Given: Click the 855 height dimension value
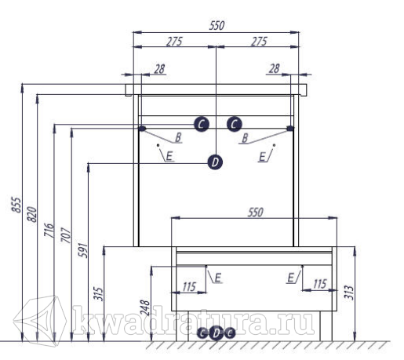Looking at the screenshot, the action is point(16,205).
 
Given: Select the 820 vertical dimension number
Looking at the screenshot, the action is point(32,214).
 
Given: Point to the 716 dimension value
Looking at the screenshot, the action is point(49,230).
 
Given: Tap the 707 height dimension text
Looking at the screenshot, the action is point(66,235).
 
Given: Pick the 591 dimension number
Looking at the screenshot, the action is point(83,250).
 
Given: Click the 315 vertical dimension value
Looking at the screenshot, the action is point(99,294).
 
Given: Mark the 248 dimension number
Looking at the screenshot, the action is point(145,307).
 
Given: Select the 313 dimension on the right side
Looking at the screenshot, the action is point(348,293).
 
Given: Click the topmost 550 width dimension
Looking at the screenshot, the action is point(217,26).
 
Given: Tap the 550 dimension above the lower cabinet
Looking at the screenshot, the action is point(255,213).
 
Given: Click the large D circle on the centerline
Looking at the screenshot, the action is point(215,162).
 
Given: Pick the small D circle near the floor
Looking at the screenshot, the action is point(216,333).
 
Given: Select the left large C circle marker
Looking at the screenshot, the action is point(202,124).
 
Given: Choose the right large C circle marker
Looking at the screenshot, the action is point(235,124).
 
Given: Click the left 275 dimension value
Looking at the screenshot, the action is point(174,42).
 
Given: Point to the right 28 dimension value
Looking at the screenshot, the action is point(275,68).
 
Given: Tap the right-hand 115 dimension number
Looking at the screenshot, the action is point(320,284).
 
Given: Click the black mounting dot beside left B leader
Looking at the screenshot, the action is point(142,129).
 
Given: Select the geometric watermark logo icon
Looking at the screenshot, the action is point(40,319).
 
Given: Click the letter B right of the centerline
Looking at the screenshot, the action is point(245,138).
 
